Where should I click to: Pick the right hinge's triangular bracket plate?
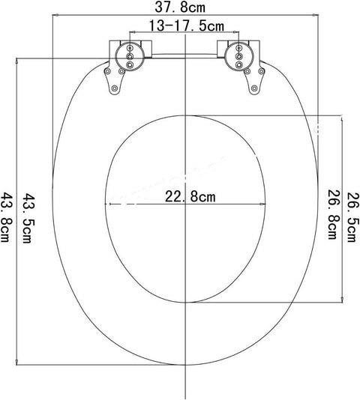coord(254,80)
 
